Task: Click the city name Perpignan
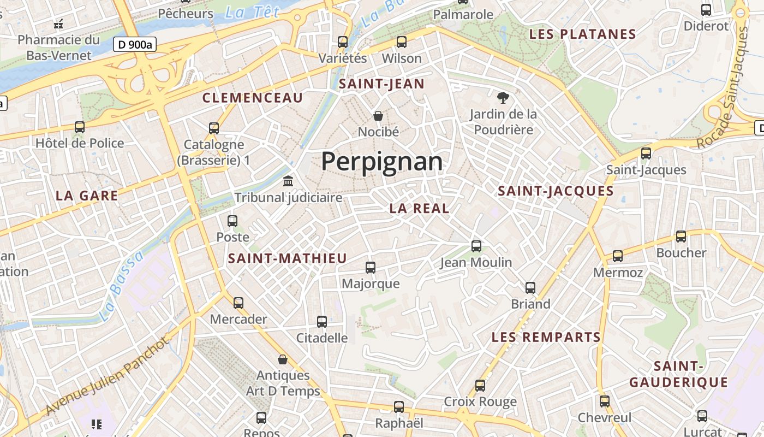click(x=382, y=162)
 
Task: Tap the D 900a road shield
click(x=135, y=44)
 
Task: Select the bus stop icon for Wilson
click(x=402, y=42)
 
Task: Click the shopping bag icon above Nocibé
click(x=378, y=115)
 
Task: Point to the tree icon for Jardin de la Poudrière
click(x=503, y=98)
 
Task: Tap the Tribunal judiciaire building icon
click(x=288, y=181)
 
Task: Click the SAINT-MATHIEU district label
click(x=287, y=258)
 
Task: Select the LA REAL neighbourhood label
click(x=419, y=208)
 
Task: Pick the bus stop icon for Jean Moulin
click(x=476, y=246)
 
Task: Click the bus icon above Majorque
click(x=371, y=267)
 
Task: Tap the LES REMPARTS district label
click(x=546, y=337)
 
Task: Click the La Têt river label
click(x=252, y=12)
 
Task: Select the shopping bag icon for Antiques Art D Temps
click(x=283, y=359)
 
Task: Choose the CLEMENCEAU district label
click(x=252, y=98)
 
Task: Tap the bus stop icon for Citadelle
click(x=322, y=321)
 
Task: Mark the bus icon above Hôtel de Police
click(x=80, y=127)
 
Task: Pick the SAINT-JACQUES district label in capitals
click(x=556, y=191)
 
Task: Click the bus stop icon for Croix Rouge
click(x=480, y=385)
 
